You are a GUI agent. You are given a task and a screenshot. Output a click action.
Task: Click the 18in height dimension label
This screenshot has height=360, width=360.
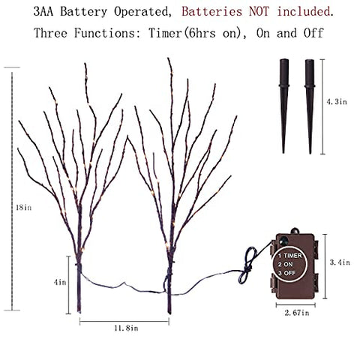(x=24, y=207)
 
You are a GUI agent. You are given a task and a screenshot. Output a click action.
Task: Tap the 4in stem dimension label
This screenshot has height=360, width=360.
(x=60, y=282)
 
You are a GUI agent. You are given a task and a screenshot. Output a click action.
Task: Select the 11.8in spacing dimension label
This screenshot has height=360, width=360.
(x=126, y=328)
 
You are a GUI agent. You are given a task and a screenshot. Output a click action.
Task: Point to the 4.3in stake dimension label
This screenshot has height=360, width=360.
(x=337, y=101)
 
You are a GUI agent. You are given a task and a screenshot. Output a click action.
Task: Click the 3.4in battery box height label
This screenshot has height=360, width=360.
(x=340, y=262)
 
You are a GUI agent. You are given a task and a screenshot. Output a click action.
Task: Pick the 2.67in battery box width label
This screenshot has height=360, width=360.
(x=297, y=313)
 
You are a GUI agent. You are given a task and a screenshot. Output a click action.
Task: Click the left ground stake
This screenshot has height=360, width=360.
(x=283, y=106)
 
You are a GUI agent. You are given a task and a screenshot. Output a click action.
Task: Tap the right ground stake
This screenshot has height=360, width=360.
(x=310, y=106)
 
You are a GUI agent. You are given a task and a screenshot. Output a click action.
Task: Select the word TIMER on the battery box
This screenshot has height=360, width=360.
(x=292, y=256)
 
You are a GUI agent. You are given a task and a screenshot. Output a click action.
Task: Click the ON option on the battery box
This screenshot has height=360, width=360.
(x=288, y=264)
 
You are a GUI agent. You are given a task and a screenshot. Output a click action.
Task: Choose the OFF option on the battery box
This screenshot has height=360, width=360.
(x=289, y=273)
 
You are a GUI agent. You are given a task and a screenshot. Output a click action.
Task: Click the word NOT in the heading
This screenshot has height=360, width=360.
(x=259, y=11)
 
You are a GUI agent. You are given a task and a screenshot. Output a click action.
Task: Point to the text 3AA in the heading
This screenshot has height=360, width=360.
(x=43, y=11)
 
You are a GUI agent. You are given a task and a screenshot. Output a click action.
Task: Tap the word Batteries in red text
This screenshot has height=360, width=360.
(x=212, y=11)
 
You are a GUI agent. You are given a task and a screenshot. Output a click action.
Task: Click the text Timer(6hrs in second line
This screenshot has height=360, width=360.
(x=182, y=33)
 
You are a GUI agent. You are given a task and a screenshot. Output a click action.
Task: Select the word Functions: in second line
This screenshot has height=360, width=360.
(x=108, y=33)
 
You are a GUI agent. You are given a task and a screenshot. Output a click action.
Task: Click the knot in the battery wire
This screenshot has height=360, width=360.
(x=247, y=267)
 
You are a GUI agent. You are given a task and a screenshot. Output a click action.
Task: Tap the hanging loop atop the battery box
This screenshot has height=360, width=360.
(x=295, y=230)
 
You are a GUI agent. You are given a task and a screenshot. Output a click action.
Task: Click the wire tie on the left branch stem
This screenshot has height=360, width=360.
(x=79, y=265)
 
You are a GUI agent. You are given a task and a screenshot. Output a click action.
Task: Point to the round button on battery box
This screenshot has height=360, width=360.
(x=283, y=241)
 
